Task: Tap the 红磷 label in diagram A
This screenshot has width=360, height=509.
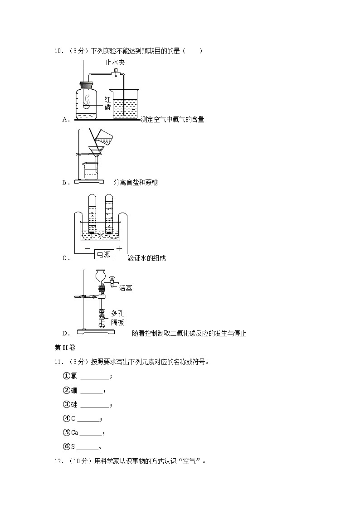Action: [x=107, y=102]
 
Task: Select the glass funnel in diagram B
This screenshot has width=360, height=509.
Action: [x=96, y=150]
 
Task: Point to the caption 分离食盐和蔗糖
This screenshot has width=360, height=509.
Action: [x=136, y=182]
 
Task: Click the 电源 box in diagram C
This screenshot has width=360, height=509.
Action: [x=104, y=254]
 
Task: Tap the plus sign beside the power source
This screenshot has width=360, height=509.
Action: [x=119, y=248]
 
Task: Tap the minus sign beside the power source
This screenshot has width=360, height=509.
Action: [x=87, y=249]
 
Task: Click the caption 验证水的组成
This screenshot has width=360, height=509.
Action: [x=146, y=258]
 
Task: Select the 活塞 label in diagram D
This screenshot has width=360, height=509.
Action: [x=126, y=288]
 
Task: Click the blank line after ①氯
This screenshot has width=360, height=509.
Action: [x=95, y=377]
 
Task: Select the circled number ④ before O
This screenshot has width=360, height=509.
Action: [x=66, y=418]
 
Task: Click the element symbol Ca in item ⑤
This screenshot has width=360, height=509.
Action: [x=75, y=432]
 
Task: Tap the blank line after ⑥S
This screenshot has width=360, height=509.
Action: [x=88, y=447]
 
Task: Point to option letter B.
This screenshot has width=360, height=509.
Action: [x=64, y=182]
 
